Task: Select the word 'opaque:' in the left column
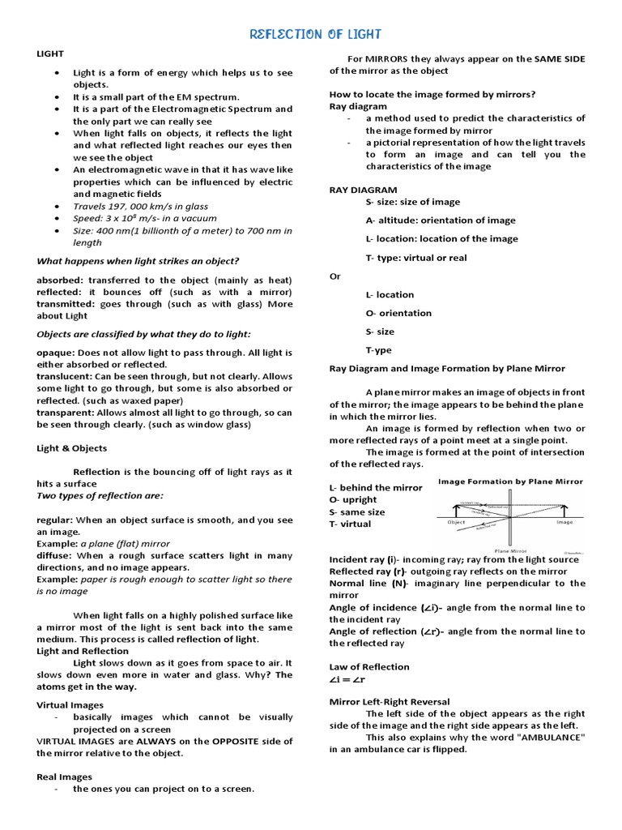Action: click(x=56, y=353)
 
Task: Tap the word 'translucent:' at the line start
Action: click(x=65, y=377)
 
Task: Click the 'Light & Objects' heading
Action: click(x=71, y=448)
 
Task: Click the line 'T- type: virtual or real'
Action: click(x=416, y=258)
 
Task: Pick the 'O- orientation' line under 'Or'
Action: click(x=398, y=313)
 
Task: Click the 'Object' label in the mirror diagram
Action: click(x=456, y=523)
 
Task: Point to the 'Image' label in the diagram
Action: click(x=564, y=523)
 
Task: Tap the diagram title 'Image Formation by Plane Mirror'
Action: click(x=510, y=481)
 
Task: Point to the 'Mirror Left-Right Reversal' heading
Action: click(x=390, y=701)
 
